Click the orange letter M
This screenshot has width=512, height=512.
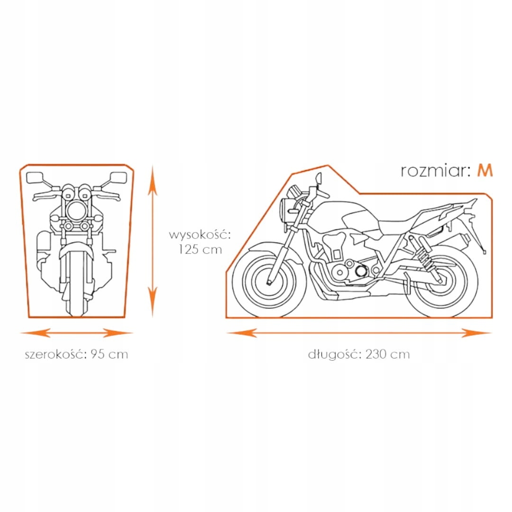485,170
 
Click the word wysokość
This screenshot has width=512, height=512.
200,235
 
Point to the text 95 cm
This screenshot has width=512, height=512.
110,354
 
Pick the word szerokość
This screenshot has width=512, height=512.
55,354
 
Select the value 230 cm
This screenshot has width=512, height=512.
387,354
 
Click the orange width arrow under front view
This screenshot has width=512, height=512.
76,333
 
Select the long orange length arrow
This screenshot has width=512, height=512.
359,333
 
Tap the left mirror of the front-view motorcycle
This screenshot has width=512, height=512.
35,178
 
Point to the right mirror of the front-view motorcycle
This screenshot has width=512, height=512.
118,178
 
